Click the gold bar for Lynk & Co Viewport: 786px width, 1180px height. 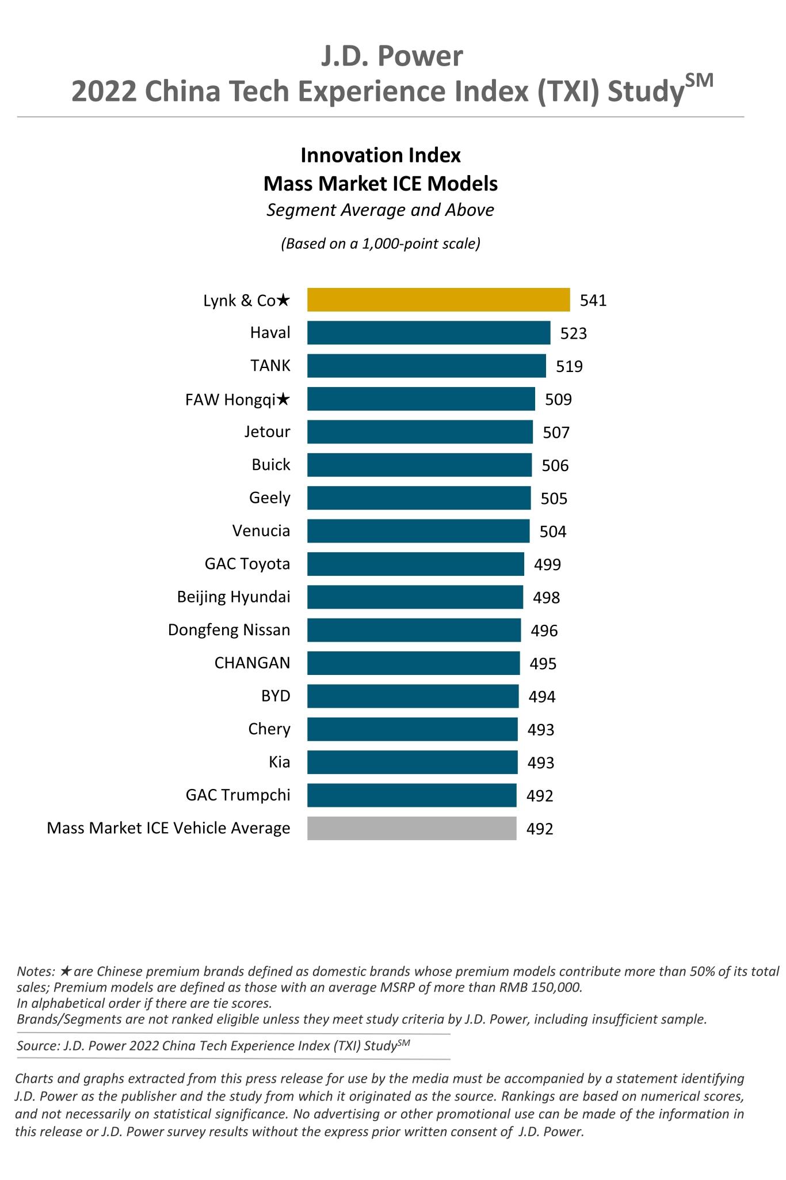click(x=438, y=300)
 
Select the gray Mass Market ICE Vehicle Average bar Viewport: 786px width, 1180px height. click(x=411, y=828)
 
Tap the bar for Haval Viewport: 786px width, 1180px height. click(x=428, y=333)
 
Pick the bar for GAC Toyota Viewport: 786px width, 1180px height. click(x=415, y=564)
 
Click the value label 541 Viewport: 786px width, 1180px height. click(x=593, y=301)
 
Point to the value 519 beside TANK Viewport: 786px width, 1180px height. click(x=569, y=366)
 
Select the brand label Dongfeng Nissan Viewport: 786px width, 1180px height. click(x=228, y=630)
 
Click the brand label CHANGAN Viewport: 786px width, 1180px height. click(x=252, y=663)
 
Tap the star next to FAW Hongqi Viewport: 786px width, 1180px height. click(x=283, y=400)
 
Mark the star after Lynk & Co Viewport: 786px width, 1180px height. click(x=283, y=300)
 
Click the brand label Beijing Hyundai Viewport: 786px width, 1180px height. click(x=233, y=597)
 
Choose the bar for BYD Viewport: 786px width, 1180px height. click(x=413, y=696)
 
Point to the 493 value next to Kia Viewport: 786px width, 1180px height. click(x=540, y=762)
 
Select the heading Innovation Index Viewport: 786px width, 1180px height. click(x=380, y=155)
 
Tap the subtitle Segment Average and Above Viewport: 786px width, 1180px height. click(x=380, y=210)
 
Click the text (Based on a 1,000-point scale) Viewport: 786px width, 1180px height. click(x=380, y=244)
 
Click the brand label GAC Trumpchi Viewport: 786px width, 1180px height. click(x=238, y=795)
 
